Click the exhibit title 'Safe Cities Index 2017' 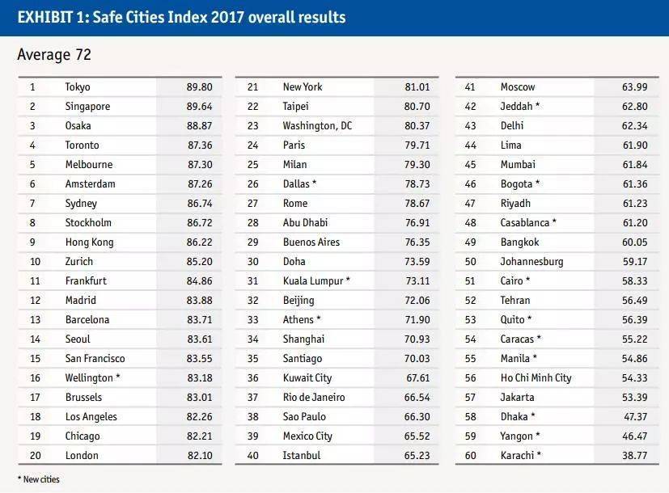(x=181, y=17)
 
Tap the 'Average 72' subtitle (x=54, y=55)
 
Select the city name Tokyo (x=78, y=86)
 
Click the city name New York (x=303, y=86)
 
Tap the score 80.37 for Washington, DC (x=417, y=125)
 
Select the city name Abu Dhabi (x=305, y=222)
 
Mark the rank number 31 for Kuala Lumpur (x=252, y=280)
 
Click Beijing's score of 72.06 (x=417, y=300)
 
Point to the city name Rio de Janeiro (x=314, y=397)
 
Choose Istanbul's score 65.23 (x=417, y=455)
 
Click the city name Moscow (x=518, y=86)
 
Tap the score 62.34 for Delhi (x=634, y=125)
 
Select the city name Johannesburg (x=531, y=261)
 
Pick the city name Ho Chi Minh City (x=536, y=377)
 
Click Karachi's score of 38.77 (x=634, y=455)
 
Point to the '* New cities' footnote (x=38, y=479)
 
